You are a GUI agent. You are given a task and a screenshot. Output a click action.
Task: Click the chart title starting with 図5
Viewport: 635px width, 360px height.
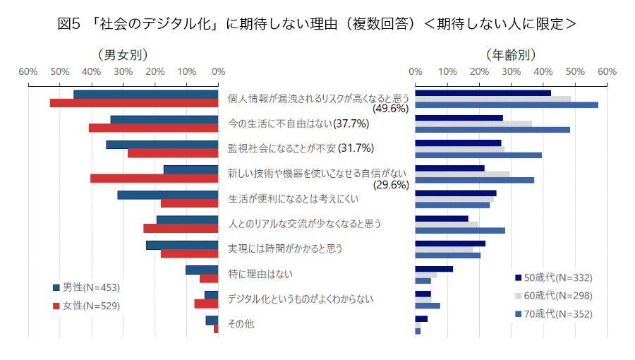(x=317, y=24)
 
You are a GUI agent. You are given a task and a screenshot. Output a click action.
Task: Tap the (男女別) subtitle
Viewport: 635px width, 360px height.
(x=123, y=54)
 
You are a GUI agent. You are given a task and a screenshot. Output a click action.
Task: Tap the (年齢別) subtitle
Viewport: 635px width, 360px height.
(x=511, y=54)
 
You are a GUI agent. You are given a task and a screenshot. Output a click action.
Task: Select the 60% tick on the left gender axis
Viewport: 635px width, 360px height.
(x=28, y=71)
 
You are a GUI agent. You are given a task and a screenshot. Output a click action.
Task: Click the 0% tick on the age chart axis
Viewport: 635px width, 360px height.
(x=416, y=71)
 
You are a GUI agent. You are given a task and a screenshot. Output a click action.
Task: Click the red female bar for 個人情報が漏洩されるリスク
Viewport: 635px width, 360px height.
(x=134, y=103)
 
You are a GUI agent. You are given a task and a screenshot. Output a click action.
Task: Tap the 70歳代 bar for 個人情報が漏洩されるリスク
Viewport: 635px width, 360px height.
(x=507, y=105)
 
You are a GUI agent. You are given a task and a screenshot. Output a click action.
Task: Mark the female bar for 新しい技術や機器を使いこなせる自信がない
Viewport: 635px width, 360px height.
(x=155, y=178)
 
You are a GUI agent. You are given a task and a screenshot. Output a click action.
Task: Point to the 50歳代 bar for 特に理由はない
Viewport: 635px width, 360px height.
(x=434, y=269)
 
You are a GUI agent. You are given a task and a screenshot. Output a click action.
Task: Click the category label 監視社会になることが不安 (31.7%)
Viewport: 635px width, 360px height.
(x=301, y=148)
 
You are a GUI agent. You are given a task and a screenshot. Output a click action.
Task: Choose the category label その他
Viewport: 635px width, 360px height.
(x=241, y=324)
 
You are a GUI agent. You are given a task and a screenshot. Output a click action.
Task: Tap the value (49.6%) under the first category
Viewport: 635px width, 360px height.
(x=391, y=109)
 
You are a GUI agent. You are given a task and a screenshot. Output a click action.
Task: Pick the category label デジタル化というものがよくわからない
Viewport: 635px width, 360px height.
(x=300, y=299)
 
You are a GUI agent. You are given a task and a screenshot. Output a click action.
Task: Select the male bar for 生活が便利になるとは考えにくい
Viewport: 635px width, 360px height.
(x=168, y=195)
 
